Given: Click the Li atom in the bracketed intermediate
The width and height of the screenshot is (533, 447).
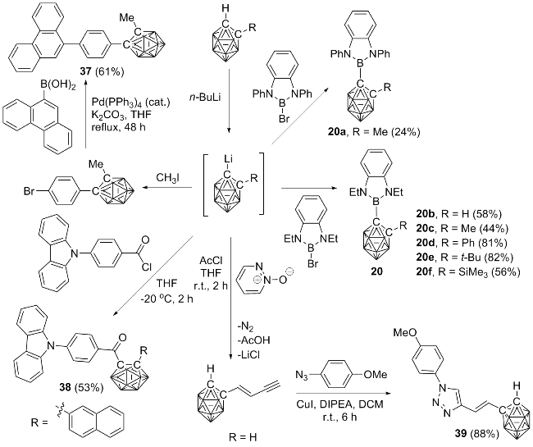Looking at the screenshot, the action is (228, 159).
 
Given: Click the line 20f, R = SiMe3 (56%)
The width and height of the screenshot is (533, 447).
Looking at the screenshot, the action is (467, 272).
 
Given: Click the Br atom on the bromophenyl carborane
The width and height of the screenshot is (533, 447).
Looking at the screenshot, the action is (30, 191).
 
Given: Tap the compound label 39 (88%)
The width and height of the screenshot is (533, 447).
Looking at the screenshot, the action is (477, 434).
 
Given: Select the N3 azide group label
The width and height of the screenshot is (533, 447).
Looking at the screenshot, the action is (301, 376).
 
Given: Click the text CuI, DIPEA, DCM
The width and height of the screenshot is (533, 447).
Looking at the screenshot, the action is (339, 404).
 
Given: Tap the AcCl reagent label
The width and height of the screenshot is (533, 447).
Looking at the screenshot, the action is (212, 260).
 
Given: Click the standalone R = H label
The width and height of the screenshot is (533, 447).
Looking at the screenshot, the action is (243, 437).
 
